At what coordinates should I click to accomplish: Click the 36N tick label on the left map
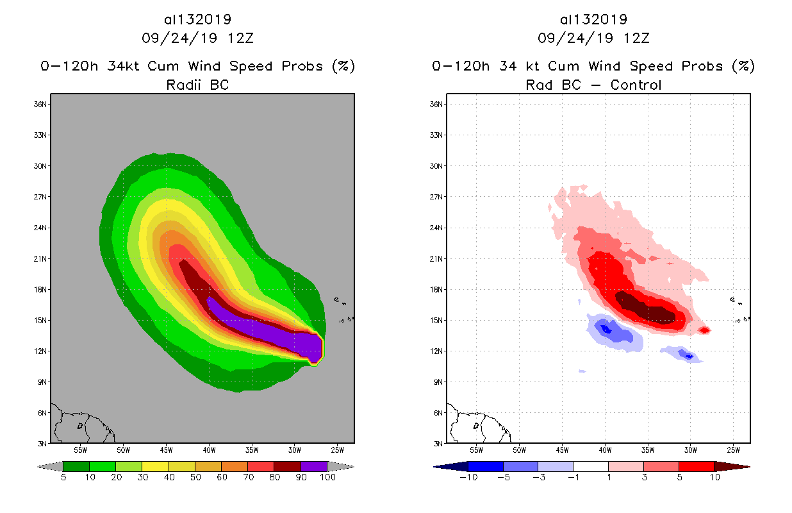tap(42, 105)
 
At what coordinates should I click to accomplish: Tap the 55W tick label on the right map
tap(477, 449)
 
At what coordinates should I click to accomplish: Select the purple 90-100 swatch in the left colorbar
tap(314, 466)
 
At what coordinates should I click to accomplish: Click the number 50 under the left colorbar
tap(195, 477)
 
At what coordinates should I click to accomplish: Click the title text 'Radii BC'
tap(197, 85)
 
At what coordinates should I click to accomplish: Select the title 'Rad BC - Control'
tap(593, 85)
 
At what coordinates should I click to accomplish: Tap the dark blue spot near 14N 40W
tap(605, 330)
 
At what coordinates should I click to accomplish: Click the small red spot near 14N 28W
tap(704, 330)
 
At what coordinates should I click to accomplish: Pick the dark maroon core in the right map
tap(644, 308)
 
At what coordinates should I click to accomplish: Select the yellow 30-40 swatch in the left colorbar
tap(155, 466)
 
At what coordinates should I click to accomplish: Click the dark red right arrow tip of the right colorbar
tap(742, 466)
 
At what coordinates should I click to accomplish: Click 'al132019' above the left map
tap(197, 20)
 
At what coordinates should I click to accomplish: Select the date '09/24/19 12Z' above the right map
tap(593, 38)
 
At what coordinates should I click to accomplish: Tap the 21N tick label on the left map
tap(42, 259)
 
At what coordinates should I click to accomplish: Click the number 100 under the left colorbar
tap(327, 477)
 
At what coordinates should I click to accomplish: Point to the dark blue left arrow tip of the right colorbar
tap(442, 466)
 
